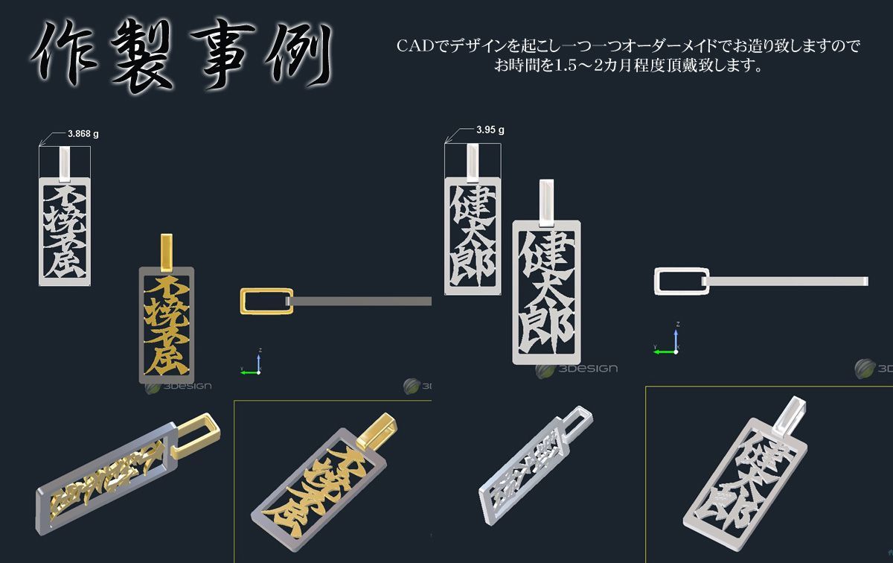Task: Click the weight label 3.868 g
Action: [x=83, y=135]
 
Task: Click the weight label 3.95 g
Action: [x=490, y=130]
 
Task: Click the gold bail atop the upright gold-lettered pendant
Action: [x=167, y=252]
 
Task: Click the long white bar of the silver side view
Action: [x=789, y=281]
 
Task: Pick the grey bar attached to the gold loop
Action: [x=361, y=301]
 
